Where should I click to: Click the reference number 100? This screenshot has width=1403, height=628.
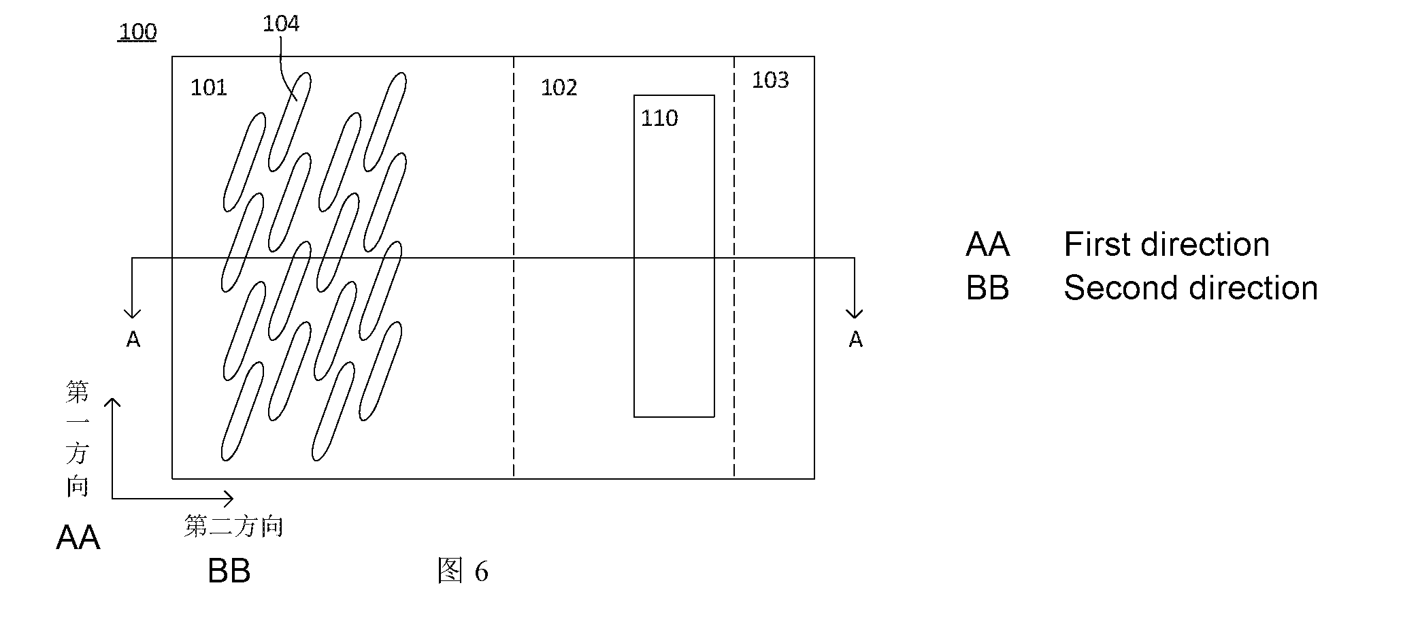coord(137,32)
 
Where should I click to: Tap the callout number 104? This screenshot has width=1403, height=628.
coord(281,24)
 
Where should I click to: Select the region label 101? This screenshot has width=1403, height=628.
coord(208,88)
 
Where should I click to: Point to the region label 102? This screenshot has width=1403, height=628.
coord(559,88)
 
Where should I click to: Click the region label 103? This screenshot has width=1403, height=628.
coord(770,80)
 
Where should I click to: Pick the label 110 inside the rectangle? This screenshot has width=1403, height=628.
coord(659,118)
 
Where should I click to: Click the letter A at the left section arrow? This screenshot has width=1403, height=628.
coord(133,339)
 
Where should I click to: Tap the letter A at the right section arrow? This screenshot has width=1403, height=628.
coord(855,339)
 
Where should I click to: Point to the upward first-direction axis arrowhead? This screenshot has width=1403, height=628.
coord(112,403)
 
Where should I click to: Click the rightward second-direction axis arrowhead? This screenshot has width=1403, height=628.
coord(228,499)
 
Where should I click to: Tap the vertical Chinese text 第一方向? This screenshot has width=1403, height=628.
coord(77,439)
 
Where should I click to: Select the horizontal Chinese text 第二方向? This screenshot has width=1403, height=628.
coord(233,526)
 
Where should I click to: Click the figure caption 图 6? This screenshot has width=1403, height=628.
coord(463,571)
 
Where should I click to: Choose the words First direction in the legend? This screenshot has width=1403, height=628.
coord(1166,244)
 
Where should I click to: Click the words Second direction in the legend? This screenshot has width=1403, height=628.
coord(1191,288)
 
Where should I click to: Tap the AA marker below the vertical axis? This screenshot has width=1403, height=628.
coord(78,538)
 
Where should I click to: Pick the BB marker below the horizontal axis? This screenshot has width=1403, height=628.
coord(229,572)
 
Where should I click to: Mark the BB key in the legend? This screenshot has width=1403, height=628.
coord(987,288)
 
